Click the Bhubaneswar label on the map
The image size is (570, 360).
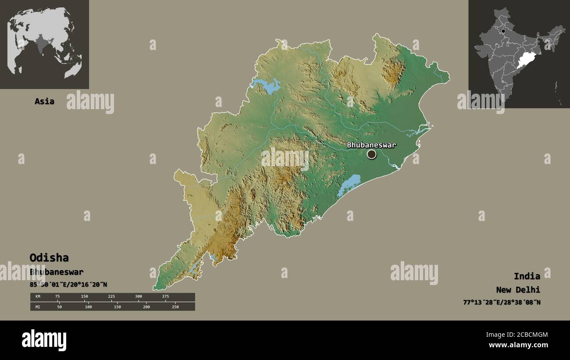371,145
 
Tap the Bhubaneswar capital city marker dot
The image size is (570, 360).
371,154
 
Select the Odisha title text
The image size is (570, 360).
49,257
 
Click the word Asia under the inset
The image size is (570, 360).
44,101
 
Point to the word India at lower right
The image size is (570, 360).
527,276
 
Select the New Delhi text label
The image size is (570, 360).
518,289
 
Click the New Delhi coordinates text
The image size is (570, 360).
501,302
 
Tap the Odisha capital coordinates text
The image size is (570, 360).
68,284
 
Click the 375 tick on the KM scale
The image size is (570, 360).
165,296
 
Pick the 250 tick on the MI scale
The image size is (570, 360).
175,307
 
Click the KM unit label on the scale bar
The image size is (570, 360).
38,296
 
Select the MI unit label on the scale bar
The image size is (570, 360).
38,307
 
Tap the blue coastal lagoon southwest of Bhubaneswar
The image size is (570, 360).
349,185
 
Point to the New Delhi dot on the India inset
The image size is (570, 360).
503,31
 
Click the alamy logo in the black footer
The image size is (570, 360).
44,340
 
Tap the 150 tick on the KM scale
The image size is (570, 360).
84,296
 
